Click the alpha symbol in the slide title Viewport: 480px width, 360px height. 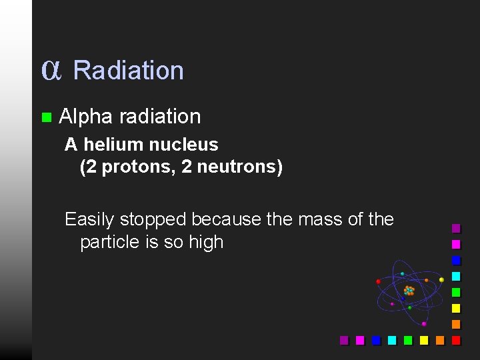pyautogui.click(x=51, y=70)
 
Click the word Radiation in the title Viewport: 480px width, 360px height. pyautogui.click(x=128, y=70)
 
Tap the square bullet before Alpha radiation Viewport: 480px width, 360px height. pyautogui.click(x=46, y=117)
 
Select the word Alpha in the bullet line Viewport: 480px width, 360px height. pyautogui.click(x=85, y=117)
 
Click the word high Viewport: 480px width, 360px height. pyautogui.click(x=205, y=242)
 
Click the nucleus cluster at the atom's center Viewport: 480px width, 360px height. pyautogui.click(x=409, y=291)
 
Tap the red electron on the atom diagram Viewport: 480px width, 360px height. pyautogui.click(x=379, y=281)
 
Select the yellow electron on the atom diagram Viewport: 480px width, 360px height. pyautogui.click(x=441, y=279)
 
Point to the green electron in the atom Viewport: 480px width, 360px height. pyautogui.click(x=409, y=307)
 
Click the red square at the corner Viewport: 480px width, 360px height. pyautogui.click(x=456, y=340)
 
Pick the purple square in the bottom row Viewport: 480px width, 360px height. pyautogui.click(x=344, y=340)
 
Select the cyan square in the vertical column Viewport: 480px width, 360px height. pyautogui.click(x=456, y=276)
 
